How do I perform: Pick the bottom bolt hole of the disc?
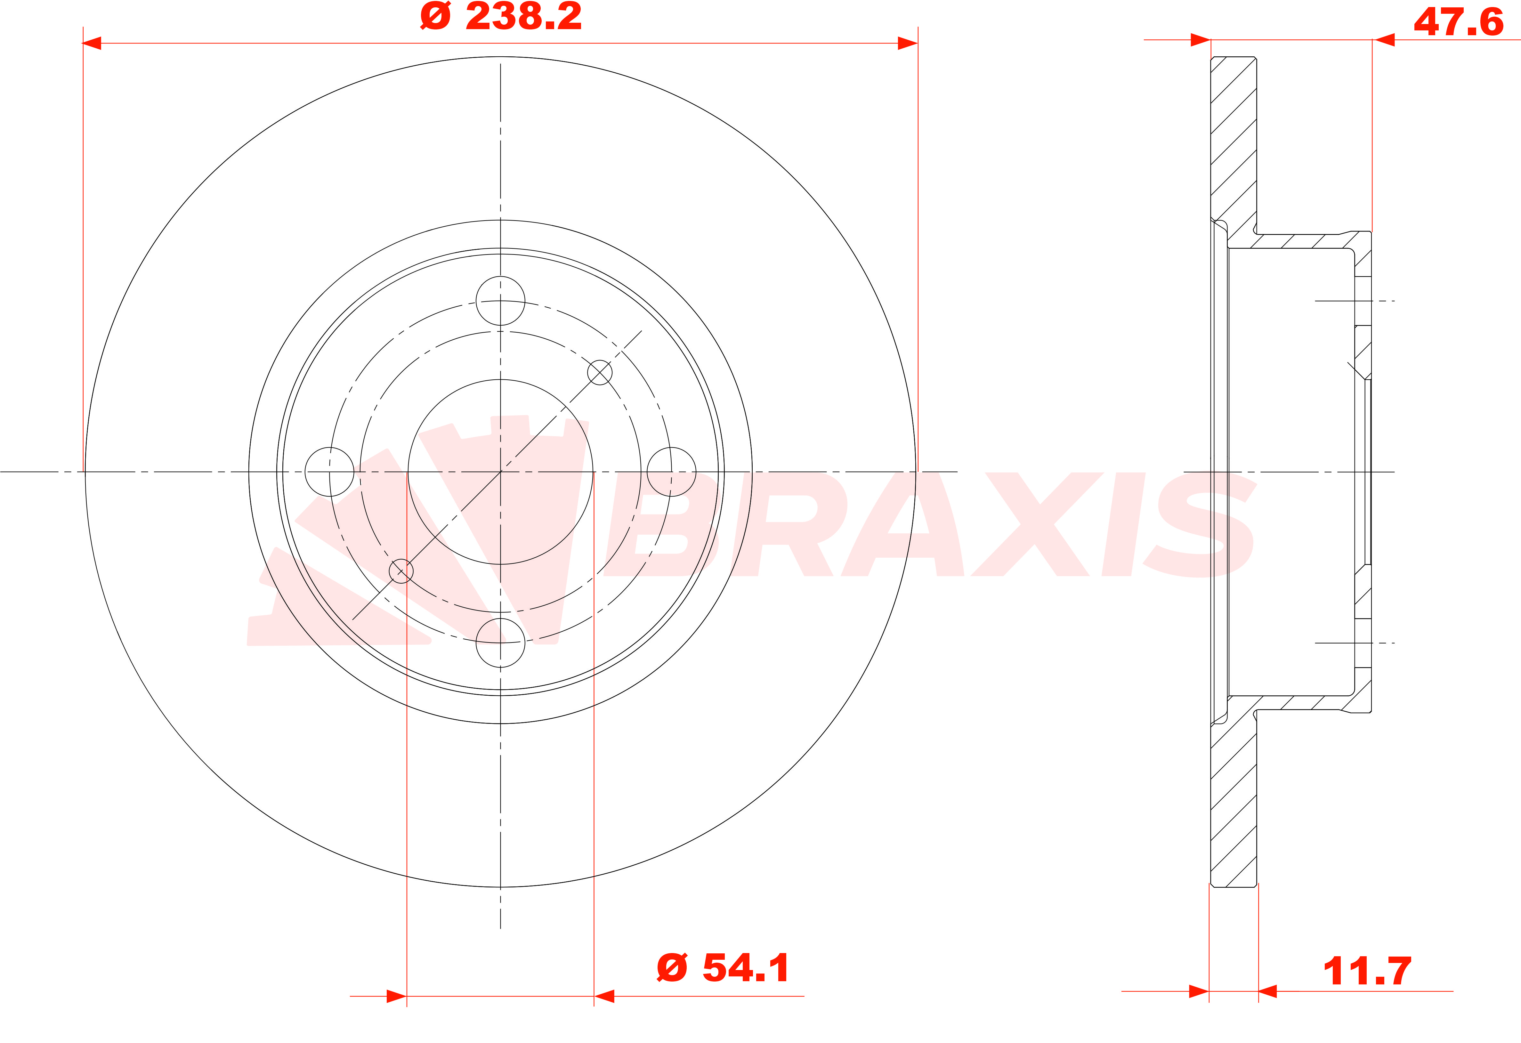501,643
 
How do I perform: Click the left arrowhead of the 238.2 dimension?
92,43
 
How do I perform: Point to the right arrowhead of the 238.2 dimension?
909,43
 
